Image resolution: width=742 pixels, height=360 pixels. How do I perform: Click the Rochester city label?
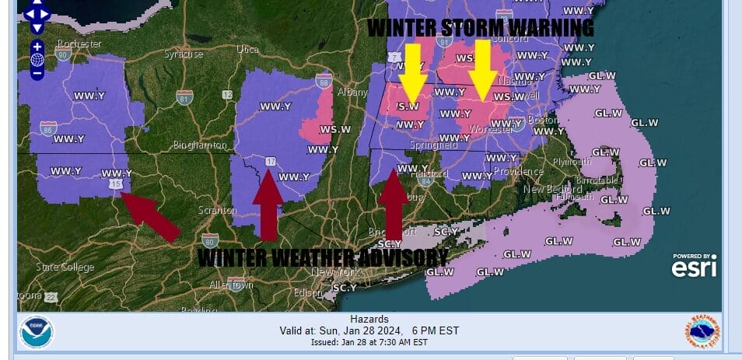tap(79, 44)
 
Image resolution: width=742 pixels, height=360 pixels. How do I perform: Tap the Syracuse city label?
tap(183, 54)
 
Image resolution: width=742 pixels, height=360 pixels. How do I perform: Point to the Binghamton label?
tap(201, 145)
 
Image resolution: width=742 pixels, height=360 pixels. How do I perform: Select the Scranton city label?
tap(218, 210)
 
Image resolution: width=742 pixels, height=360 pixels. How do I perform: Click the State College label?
tap(65, 267)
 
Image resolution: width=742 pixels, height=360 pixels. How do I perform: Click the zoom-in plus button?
tap(37, 47)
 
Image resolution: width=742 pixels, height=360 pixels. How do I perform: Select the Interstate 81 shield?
tap(184, 97)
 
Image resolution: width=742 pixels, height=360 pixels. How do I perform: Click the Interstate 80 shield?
tap(209, 239)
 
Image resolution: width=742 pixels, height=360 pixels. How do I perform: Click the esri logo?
tap(693, 267)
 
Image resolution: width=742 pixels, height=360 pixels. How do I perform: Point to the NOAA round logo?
tap(36, 332)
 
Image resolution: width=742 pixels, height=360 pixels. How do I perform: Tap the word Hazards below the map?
tap(369, 320)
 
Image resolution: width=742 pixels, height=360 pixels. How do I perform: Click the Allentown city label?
tap(231, 285)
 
